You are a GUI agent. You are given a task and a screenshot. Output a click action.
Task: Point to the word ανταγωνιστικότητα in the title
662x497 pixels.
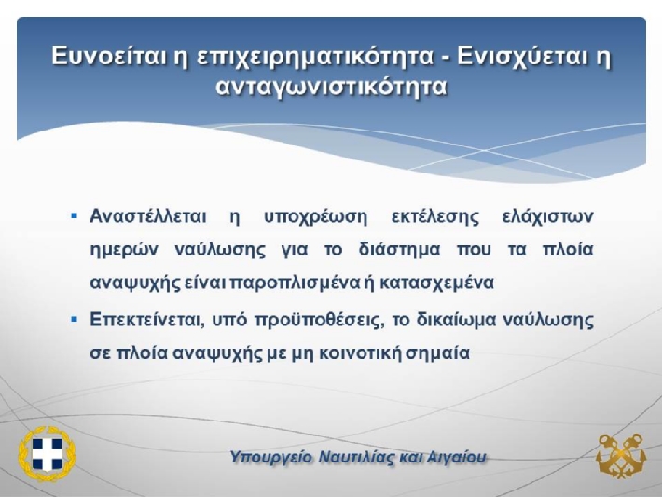[x=331, y=88]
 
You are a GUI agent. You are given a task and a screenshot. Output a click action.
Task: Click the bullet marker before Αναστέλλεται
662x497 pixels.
[x=75, y=216]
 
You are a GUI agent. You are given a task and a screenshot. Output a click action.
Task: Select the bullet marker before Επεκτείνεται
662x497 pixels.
[x=75, y=320]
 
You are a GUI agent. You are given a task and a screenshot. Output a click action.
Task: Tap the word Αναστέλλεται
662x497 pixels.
[x=148, y=216]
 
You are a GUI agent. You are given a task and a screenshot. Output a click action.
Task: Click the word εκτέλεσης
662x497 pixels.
[x=435, y=217]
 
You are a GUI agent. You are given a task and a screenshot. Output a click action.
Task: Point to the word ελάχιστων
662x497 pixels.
[x=548, y=217]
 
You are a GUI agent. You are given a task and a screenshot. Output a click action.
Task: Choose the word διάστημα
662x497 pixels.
[x=399, y=250]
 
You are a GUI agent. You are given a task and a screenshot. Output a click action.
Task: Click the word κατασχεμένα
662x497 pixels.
[x=436, y=283]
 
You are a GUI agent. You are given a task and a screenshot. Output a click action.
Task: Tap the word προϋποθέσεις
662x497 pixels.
[x=322, y=321]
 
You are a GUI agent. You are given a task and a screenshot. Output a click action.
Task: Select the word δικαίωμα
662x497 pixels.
[x=456, y=321]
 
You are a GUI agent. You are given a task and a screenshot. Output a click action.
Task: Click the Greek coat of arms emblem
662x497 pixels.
[x=47, y=454]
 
